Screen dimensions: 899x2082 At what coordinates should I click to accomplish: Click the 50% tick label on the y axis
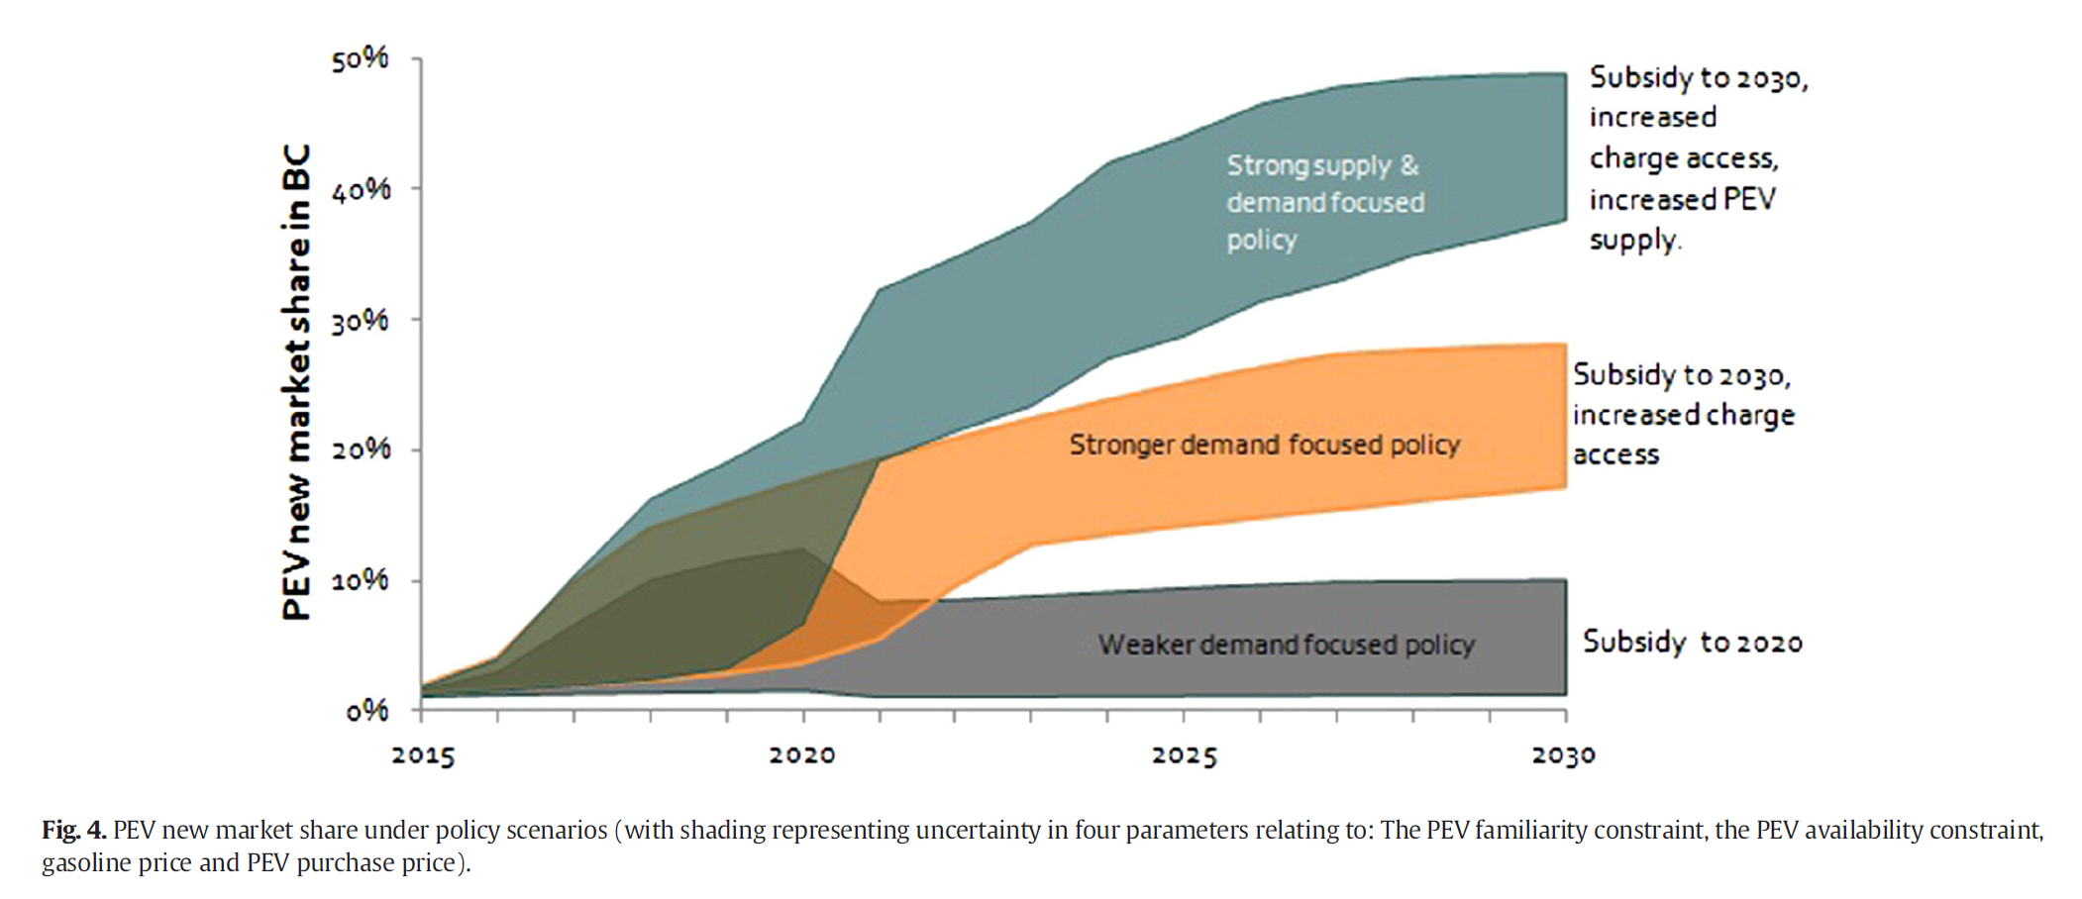coord(360,60)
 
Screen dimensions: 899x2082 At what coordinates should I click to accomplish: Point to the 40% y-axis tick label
coord(361,189)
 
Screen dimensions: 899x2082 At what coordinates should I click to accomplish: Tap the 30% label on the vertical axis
coord(360,321)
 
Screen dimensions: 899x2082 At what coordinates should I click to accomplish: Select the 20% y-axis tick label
coord(361,450)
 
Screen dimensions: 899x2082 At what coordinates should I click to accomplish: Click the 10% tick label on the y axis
coord(360,581)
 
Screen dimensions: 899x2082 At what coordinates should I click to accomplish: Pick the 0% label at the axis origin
coord(366,711)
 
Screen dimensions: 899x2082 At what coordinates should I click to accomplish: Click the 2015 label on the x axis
coord(423,756)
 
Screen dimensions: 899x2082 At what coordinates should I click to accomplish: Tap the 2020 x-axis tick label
coord(802,756)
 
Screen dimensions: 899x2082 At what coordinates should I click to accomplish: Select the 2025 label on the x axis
coord(1184,756)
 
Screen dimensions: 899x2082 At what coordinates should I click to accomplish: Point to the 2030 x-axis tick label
coord(1564,756)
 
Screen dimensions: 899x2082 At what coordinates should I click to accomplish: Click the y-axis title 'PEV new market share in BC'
coord(296,381)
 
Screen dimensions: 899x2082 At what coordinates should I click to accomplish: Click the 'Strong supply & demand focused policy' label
coord(1325,203)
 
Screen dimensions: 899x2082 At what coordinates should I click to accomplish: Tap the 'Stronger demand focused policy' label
coord(1264,446)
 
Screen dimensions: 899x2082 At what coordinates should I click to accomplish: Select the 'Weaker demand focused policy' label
coord(1286,646)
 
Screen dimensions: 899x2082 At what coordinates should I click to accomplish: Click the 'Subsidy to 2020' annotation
coord(1692,643)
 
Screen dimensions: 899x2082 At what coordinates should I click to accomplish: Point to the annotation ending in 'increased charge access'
coord(1683,415)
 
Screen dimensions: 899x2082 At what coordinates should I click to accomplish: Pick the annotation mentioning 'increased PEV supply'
coord(1698,158)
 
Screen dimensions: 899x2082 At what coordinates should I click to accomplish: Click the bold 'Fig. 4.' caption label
coord(73,830)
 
